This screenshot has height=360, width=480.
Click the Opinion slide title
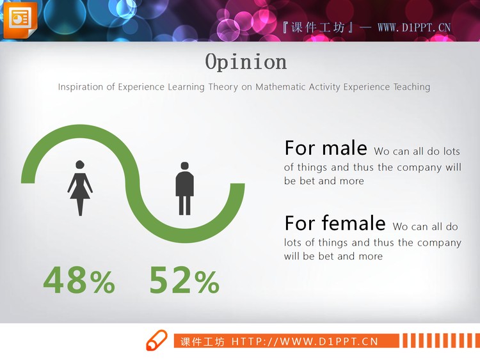point(246,63)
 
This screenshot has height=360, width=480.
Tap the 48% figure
point(79,280)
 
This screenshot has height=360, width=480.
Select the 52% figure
point(184,280)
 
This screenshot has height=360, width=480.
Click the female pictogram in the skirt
point(80,188)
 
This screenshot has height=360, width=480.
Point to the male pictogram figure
point(184,189)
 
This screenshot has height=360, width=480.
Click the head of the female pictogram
point(80,164)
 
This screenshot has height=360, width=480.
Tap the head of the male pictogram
point(184,166)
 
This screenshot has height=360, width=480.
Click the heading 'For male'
point(326,148)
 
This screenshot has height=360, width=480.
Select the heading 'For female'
point(335,223)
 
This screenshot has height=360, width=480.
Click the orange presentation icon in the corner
point(20,20)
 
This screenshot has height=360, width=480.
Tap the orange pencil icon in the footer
point(157,340)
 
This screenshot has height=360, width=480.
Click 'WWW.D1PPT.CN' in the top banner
point(414,28)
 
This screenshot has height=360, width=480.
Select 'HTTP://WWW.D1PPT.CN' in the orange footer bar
point(305,341)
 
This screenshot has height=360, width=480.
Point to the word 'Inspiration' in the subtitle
point(81,87)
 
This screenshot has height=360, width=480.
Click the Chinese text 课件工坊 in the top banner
point(317,28)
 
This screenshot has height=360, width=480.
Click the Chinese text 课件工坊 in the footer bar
point(202,341)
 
